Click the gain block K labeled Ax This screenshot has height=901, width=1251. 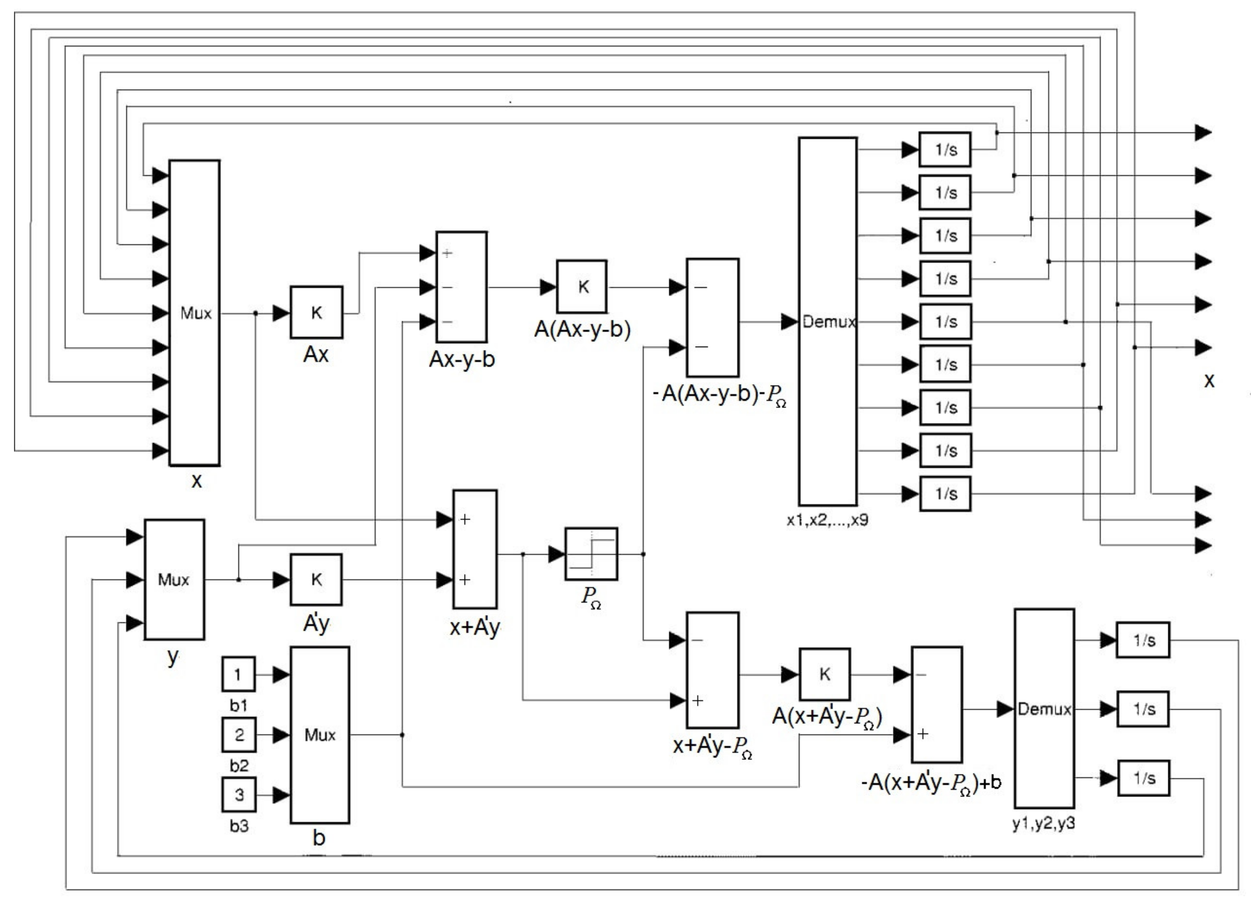(x=316, y=312)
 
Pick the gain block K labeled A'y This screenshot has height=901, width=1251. (x=316, y=579)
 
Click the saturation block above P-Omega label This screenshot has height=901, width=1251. (x=591, y=554)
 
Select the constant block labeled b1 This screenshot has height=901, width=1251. (x=238, y=674)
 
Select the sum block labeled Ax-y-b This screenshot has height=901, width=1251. (x=461, y=287)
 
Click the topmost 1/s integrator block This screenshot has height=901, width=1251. (x=945, y=149)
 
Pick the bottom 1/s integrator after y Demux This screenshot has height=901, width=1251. (x=1144, y=778)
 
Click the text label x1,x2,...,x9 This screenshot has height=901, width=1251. (x=827, y=520)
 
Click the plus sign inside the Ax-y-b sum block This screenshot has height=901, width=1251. (x=447, y=253)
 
